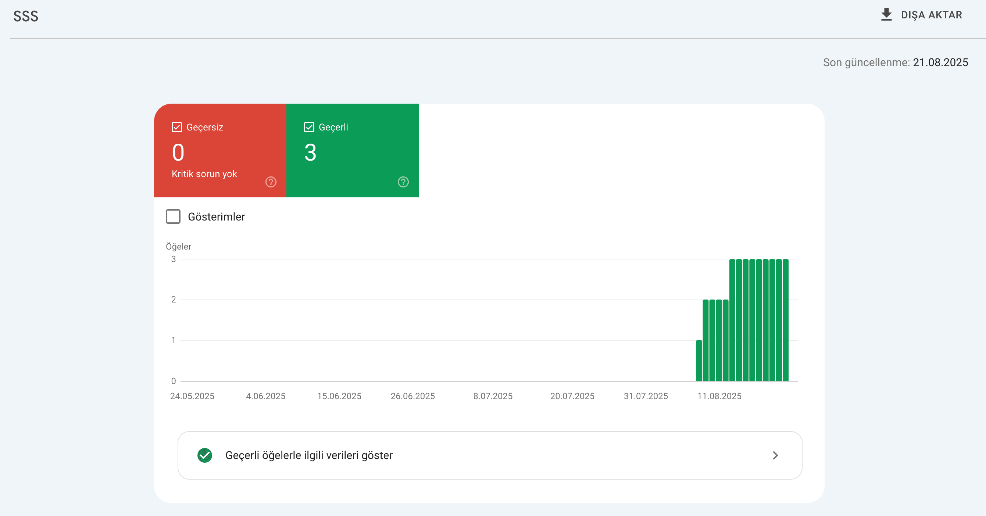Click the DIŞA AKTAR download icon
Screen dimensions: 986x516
point(886,15)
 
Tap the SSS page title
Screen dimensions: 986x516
point(26,16)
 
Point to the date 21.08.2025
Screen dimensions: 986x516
point(940,62)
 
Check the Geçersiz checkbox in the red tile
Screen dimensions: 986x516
point(176,127)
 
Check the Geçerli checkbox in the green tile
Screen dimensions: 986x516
point(309,127)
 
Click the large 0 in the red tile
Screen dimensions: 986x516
point(178,152)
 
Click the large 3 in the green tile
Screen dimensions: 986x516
point(310,152)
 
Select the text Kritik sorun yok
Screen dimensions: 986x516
point(204,174)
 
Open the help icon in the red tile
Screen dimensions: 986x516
point(271,182)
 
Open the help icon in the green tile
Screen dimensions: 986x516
point(403,182)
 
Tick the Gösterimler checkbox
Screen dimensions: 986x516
point(173,216)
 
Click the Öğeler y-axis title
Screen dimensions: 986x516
point(178,246)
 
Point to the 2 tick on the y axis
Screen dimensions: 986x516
point(174,300)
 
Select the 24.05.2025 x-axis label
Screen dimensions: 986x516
point(192,396)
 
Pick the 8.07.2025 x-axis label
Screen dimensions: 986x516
point(493,396)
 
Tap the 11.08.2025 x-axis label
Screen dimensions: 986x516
point(719,396)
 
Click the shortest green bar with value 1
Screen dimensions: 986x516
point(699,360)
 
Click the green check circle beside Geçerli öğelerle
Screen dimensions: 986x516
point(205,455)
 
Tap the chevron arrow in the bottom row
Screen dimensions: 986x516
point(775,455)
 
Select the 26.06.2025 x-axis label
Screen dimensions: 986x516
point(412,396)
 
